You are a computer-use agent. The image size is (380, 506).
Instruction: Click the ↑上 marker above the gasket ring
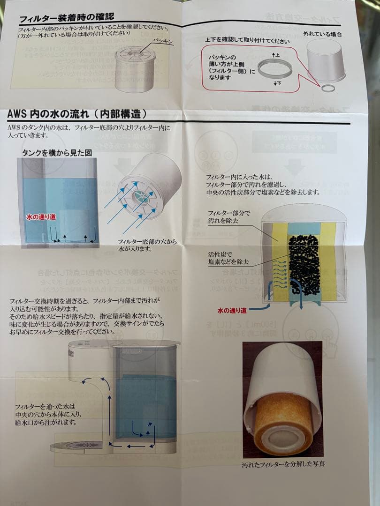tap(276, 55)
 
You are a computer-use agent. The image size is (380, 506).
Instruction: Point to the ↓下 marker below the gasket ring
tap(276, 82)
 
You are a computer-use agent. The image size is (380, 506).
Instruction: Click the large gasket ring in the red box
tap(274, 69)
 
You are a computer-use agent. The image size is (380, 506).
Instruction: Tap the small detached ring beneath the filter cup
tap(328, 88)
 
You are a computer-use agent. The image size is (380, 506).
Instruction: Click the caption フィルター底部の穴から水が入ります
tap(147, 245)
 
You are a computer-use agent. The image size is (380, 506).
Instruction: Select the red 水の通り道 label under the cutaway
tap(232, 310)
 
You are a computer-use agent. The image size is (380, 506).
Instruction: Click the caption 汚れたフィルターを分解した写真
tap(283, 465)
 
